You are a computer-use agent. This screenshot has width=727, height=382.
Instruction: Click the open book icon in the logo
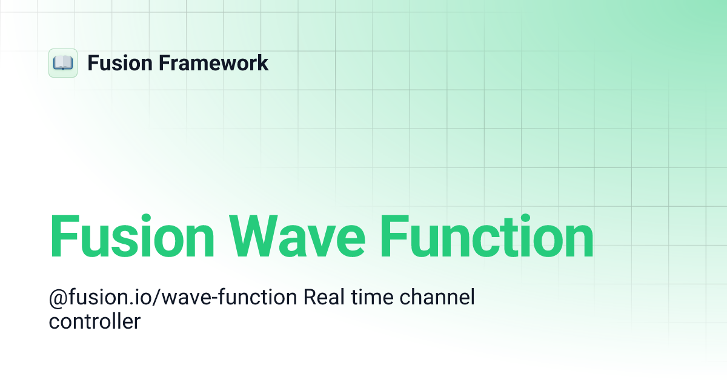tap(63, 63)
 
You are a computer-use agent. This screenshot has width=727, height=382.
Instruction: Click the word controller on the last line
tap(95, 321)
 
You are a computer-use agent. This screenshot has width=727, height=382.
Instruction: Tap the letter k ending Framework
tap(263, 63)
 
